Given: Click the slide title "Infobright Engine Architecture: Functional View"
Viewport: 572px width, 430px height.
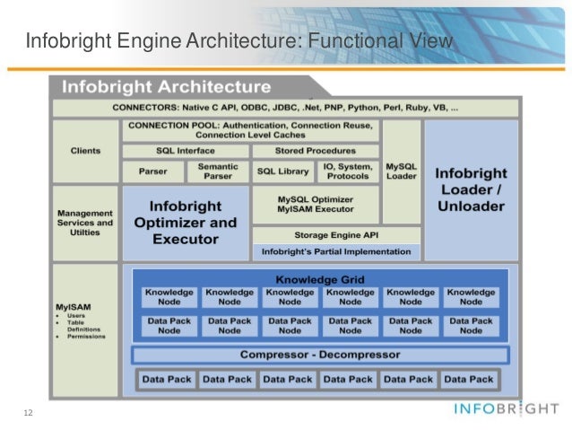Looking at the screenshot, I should (x=237, y=42).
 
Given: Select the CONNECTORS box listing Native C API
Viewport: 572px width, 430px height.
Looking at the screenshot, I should (x=285, y=107).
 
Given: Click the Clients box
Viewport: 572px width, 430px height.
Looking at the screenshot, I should (x=85, y=151).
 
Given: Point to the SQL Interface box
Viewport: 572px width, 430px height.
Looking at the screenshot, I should (x=184, y=151).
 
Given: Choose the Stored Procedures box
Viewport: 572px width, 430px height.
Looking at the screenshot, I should (x=316, y=151).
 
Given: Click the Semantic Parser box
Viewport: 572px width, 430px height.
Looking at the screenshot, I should (x=218, y=170).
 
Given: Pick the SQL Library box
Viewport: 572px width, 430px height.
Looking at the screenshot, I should (x=283, y=171).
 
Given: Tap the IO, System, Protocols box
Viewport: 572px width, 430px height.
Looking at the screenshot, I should (x=348, y=170).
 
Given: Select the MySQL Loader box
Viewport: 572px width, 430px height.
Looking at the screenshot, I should (x=401, y=170).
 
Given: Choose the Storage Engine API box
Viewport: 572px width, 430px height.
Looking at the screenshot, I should (x=336, y=235).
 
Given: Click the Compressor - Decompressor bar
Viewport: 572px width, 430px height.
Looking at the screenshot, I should (x=319, y=355).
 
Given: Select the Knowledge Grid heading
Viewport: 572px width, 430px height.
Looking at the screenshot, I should (x=320, y=279).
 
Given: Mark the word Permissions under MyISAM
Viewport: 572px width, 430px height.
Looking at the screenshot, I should (x=84, y=337).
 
